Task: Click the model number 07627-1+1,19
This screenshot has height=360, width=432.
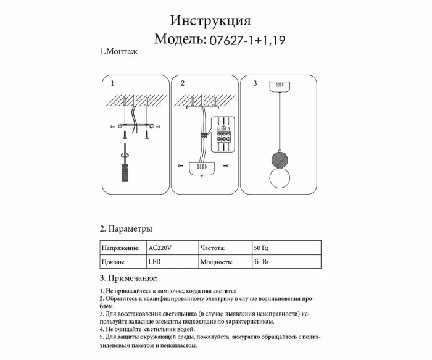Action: click(247, 41)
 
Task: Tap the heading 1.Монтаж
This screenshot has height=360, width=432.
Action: click(118, 52)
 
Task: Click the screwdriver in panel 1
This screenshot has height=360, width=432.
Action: click(126, 164)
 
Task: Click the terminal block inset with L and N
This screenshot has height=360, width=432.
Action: click(223, 134)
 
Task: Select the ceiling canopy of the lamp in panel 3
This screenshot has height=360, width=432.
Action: click(279, 85)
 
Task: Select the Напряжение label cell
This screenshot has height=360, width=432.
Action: click(122, 248)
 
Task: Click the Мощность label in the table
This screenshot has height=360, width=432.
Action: click(216, 262)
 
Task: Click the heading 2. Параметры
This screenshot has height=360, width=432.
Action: click(126, 229)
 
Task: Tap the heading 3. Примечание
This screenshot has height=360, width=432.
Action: click(129, 278)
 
